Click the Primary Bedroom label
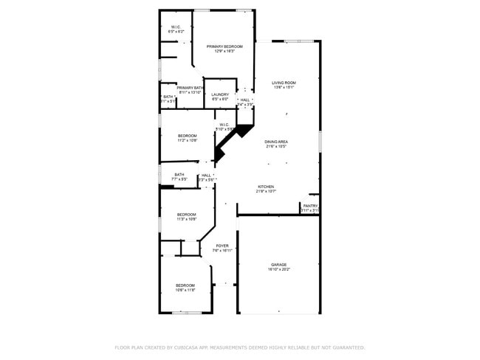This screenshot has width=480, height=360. point(224,46)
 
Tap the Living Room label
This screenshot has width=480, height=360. point(284,83)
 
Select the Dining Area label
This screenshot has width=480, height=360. point(276,142)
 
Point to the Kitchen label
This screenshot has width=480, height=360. point(266,187)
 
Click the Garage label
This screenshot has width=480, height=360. point(278,264)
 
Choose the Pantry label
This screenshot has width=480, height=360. point(310,206)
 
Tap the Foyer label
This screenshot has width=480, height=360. point(222,246)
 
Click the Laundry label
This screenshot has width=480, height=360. point(220,94)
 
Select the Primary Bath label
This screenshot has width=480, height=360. point(190,88)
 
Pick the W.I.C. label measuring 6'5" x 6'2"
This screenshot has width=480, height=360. point(176,27)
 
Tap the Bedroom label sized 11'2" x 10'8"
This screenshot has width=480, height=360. point(188,136)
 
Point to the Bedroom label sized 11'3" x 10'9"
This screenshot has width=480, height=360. point(186,215)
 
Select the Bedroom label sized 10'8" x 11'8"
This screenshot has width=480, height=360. point(185,285)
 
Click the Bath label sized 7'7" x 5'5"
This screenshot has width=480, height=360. point(179,175)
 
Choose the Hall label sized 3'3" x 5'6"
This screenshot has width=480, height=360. point(207,176)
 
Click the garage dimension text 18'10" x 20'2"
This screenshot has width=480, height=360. point(279,269)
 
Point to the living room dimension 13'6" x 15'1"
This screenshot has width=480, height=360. point(284,88)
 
